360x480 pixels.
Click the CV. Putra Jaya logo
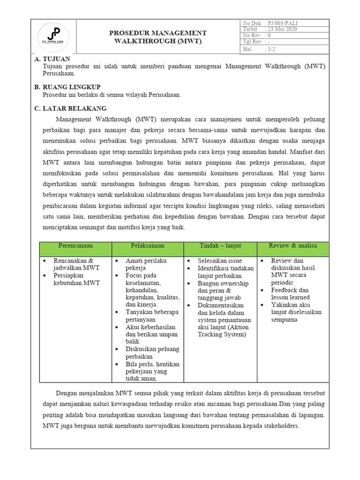click(53, 37)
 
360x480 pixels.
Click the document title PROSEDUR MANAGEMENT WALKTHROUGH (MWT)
click(157, 37)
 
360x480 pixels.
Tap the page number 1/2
click(271, 49)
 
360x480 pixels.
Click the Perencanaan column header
click(75, 246)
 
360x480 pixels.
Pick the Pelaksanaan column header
click(148, 246)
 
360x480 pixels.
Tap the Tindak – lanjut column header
click(220, 246)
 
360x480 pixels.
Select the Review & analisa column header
click(293, 246)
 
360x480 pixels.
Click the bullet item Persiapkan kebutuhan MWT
click(76, 279)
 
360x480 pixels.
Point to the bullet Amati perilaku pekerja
click(146, 264)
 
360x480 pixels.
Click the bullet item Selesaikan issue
click(219, 260)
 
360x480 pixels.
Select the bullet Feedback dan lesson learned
click(290, 294)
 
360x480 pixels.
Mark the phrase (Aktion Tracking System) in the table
click(221, 330)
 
